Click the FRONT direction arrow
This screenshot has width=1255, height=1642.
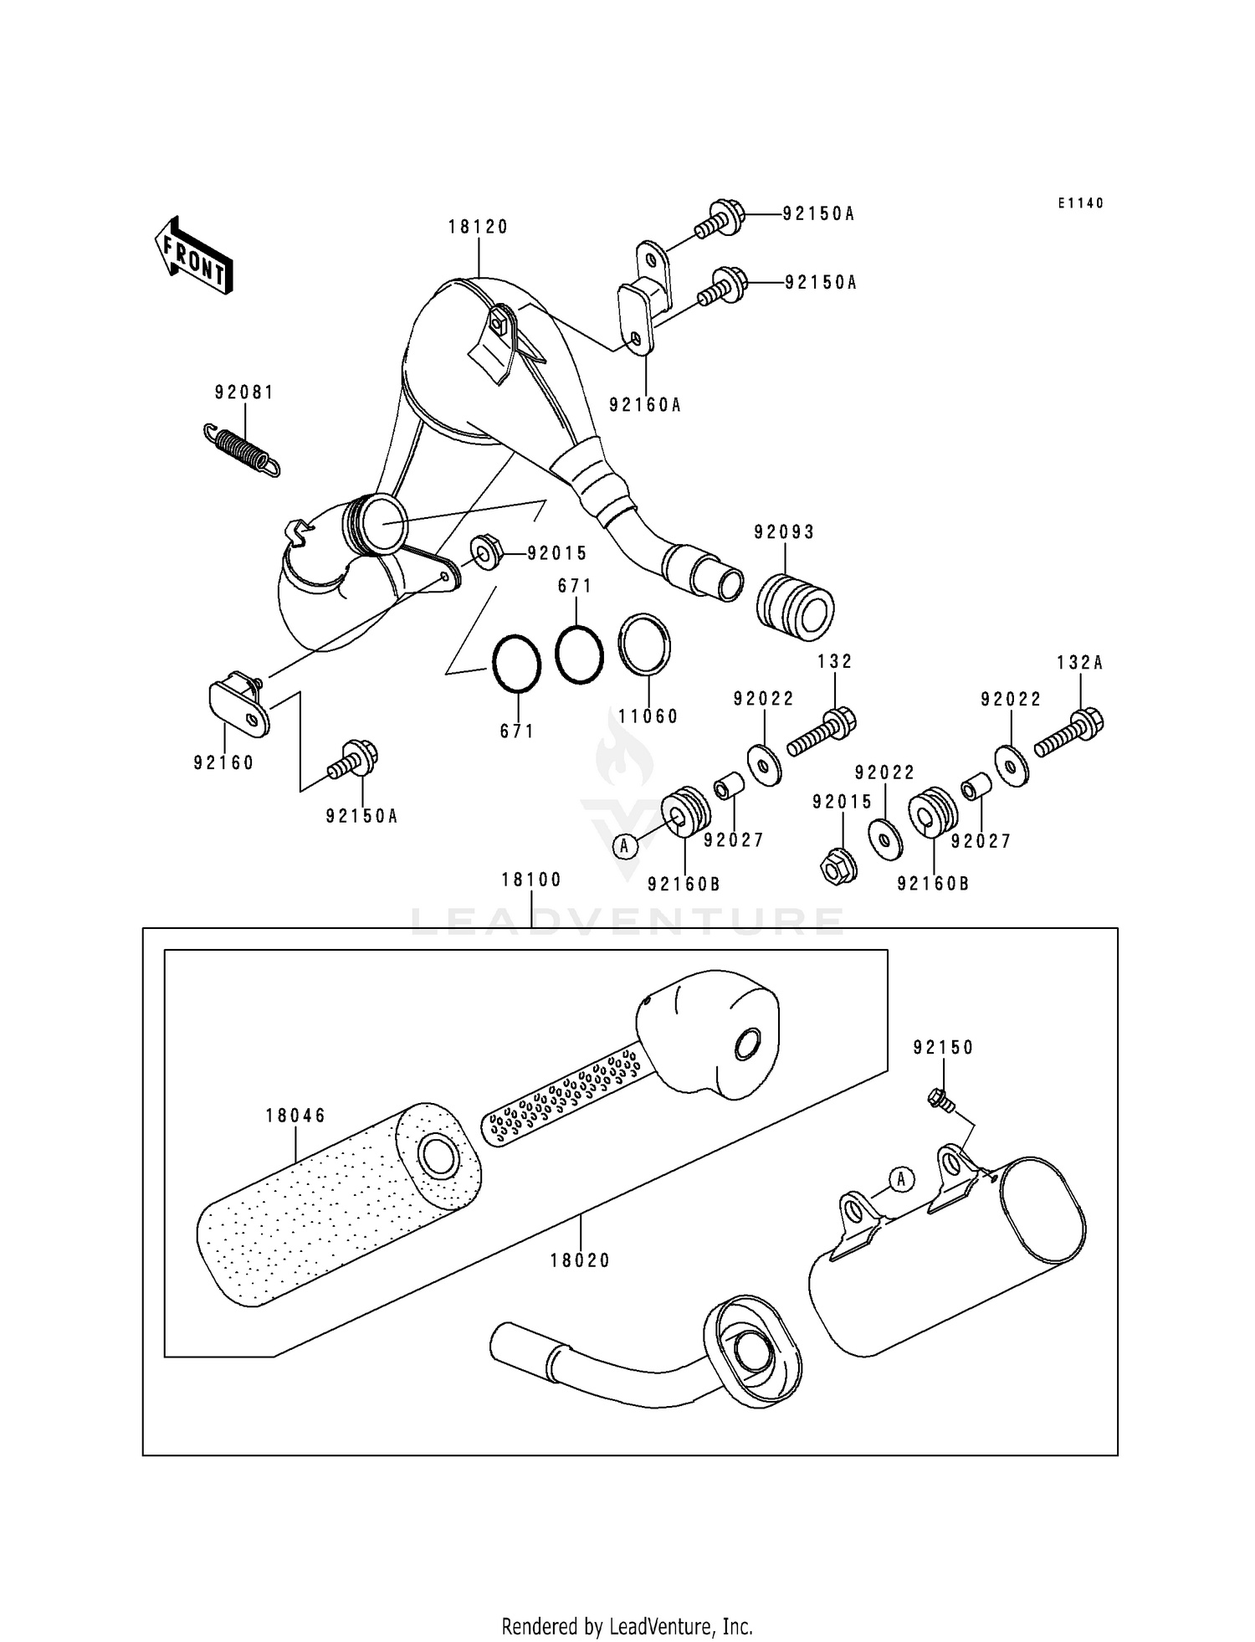coord(192,255)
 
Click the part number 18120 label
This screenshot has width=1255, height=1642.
coord(478,227)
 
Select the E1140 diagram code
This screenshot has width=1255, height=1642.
coord(1080,203)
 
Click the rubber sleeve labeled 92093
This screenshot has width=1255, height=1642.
coord(795,607)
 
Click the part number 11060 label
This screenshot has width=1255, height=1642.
coord(648,716)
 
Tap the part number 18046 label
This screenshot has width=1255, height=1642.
coord(295,1116)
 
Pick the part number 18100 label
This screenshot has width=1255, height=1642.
coord(531,880)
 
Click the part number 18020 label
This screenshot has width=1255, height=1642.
coord(580,1260)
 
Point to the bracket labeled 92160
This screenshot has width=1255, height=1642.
coord(239,708)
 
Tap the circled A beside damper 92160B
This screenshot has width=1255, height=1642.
coord(623,846)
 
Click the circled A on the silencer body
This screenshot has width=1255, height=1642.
coord(900,1179)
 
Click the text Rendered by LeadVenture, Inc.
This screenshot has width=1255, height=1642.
coord(627,1626)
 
